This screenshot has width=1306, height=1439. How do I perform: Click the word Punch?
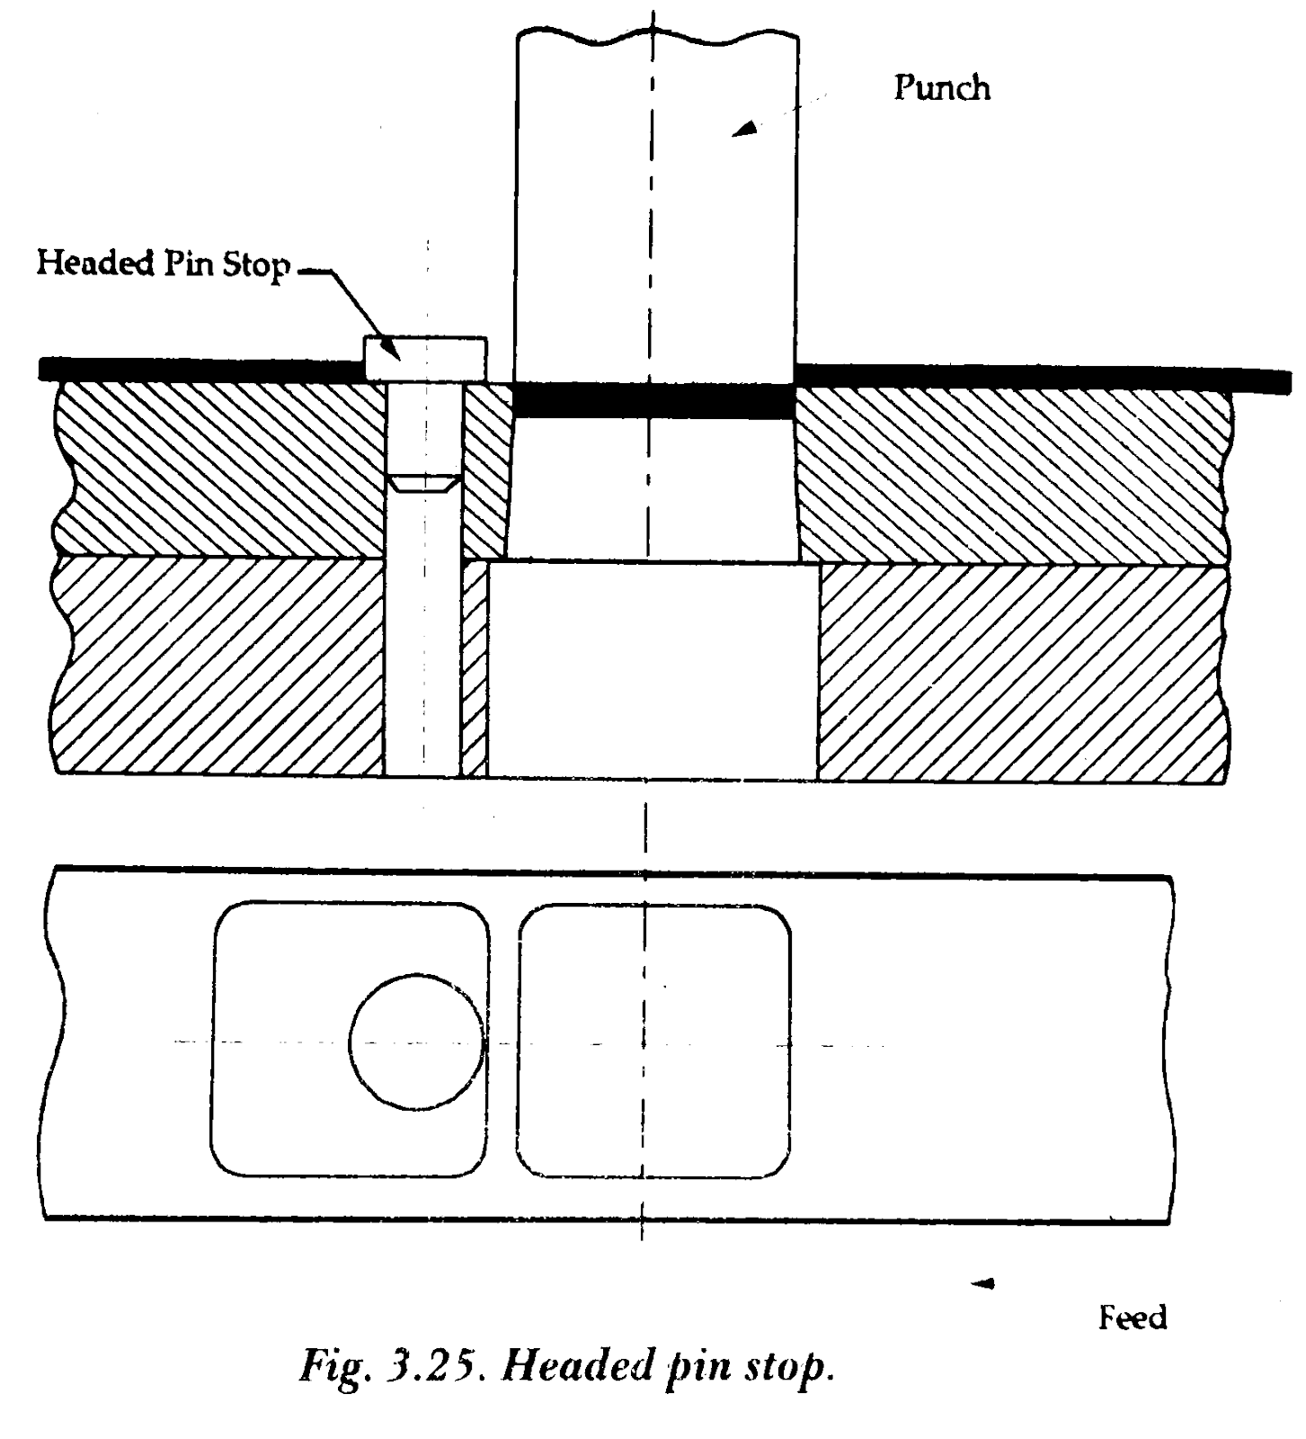click(x=942, y=87)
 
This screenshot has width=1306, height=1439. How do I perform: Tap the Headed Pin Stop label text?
click(x=163, y=263)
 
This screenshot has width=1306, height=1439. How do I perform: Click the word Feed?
click(x=1133, y=1318)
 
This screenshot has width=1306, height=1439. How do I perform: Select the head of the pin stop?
click(x=425, y=358)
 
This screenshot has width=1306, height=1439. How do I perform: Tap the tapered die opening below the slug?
click(x=653, y=489)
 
